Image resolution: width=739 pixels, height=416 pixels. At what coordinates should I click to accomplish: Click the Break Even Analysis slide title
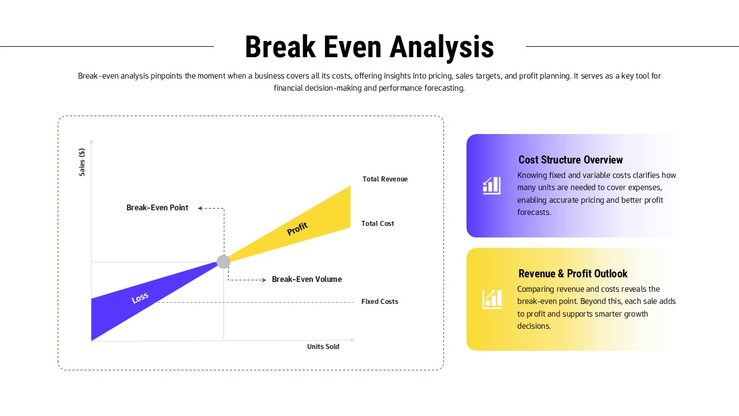(369, 47)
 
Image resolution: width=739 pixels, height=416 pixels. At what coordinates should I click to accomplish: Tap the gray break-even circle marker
(223, 262)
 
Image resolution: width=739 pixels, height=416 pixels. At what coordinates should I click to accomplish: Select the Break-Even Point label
(157, 208)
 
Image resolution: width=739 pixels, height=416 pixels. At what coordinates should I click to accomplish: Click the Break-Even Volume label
(307, 280)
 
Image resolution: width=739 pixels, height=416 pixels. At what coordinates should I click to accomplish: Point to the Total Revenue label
(385, 179)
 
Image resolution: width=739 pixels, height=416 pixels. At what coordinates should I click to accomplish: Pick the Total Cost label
(378, 224)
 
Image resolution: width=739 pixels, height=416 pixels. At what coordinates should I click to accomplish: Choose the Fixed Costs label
(379, 302)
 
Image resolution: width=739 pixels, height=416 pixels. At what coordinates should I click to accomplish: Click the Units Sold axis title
(323, 347)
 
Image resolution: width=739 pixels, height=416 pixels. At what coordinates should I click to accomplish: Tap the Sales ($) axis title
(82, 162)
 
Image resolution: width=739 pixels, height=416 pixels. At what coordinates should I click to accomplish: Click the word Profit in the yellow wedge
(297, 229)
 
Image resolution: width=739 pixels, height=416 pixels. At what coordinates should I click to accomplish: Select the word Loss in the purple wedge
(140, 298)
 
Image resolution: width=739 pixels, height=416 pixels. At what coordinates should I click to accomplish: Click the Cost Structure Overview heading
(570, 160)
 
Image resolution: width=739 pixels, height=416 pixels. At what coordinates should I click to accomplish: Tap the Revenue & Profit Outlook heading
(573, 274)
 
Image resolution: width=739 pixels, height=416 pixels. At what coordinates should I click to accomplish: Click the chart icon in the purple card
(492, 185)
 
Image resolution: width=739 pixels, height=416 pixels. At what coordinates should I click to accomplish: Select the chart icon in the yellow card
(492, 299)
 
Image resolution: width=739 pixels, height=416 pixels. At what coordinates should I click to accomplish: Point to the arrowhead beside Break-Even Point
(200, 208)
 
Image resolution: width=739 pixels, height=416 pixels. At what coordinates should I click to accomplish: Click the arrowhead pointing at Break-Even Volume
(264, 280)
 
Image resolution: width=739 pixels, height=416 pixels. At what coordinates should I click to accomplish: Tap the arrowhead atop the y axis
(91, 142)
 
